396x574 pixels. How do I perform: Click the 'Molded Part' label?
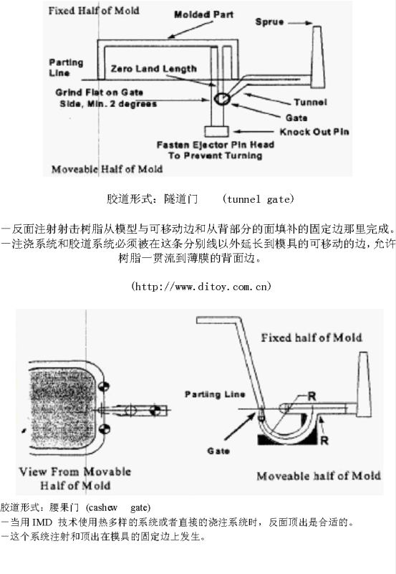(203, 14)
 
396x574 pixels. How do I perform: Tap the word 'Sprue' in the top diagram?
(269, 22)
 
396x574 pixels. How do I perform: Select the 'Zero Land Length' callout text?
(153, 69)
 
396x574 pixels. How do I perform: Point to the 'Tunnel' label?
(311, 102)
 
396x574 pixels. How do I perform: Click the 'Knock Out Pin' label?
(314, 132)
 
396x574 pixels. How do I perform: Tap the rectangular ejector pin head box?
(217, 131)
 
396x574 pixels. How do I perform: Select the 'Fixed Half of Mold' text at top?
(94, 11)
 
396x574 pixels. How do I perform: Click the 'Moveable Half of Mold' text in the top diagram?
(107, 169)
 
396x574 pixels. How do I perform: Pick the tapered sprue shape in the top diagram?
(318, 57)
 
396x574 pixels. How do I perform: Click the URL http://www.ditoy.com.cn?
(201, 286)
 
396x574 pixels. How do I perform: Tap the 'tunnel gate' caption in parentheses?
(258, 199)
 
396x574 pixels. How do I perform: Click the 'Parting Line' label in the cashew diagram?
(215, 395)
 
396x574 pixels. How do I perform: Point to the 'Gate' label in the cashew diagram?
(218, 451)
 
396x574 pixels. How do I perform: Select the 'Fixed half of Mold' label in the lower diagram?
(312, 338)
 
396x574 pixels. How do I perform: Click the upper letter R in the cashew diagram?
(312, 396)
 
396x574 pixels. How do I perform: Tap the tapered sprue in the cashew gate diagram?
(364, 384)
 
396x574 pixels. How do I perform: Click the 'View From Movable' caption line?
(75, 472)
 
